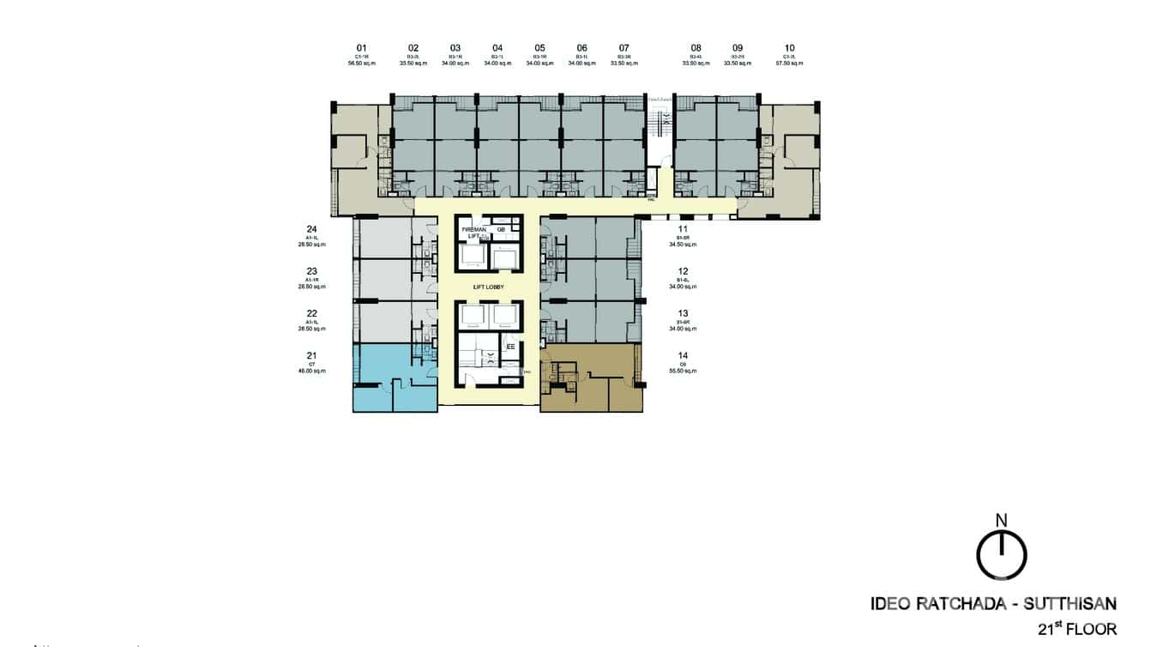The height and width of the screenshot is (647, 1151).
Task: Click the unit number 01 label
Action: pyautogui.click(x=361, y=48)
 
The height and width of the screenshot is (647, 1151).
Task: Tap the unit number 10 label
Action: pyautogui.click(x=789, y=48)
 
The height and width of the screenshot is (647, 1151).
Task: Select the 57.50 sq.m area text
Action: pyautogui.click(x=789, y=63)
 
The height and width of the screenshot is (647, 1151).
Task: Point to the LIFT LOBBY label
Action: pyautogui.click(x=488, y=287)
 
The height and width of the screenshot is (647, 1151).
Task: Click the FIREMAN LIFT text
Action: pyautogui.click(x=473, y=233)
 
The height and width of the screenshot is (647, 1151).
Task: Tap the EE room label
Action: pyautogui.click(x=510, y=346)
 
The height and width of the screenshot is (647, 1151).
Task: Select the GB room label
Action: pyautogui.click(x=501, y=229)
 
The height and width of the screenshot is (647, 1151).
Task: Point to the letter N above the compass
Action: pyautogui.click(x=1001, y=520)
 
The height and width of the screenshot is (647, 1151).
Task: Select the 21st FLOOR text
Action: pyautogui.click(x=1073, y=628)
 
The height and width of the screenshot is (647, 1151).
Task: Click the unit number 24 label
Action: pyautogui.click(x=312, y=229)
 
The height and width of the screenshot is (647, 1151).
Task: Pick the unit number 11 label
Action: pyautogui.click(x=684, y=229)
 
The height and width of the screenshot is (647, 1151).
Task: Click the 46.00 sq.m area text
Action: pyautogui.click(x=312, y=371)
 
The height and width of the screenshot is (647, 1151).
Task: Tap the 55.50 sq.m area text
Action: pyautogui.click(x=684, y=371)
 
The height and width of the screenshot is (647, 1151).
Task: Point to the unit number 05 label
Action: pyautogui.click(x=539, y=48)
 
